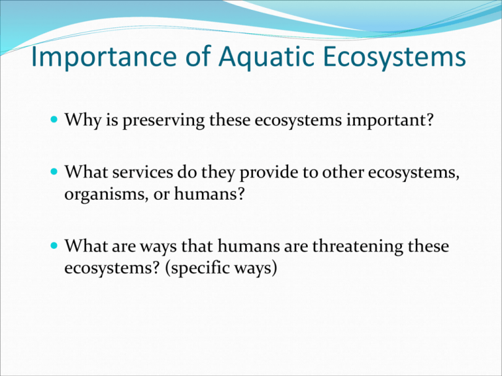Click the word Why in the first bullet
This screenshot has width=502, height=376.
[x=80, y=121]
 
